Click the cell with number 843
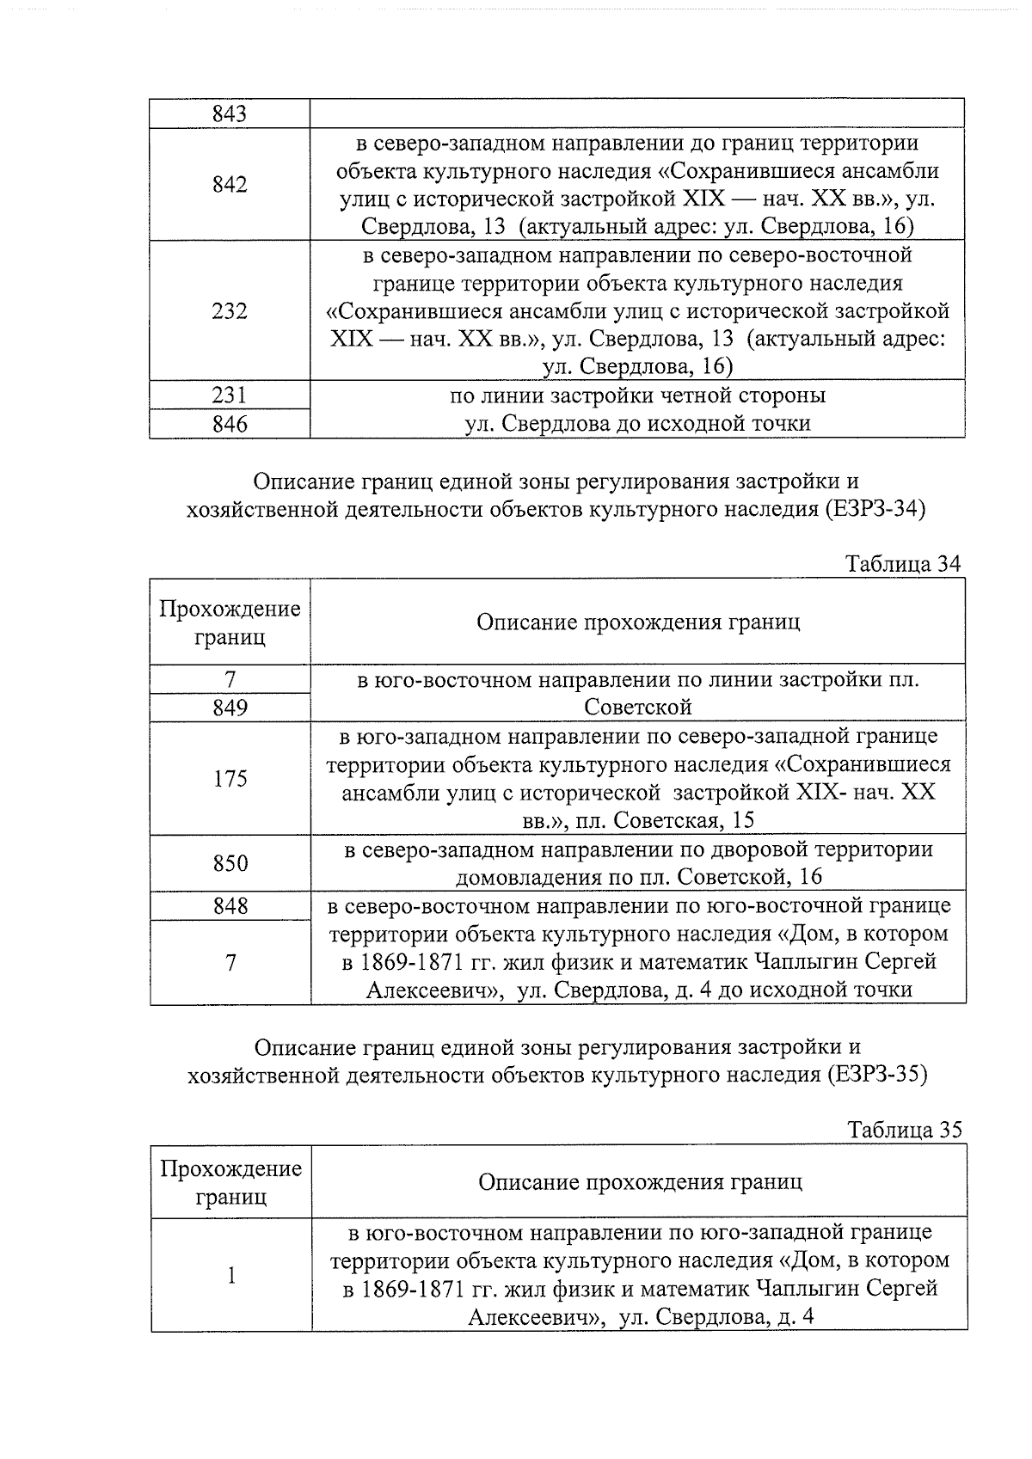(230, 113)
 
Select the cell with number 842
(230, 184)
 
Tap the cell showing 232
(230, 310)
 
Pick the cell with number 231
(230, 395)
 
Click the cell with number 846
(230, 424)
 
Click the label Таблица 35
(904, 1130)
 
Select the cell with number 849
(230, 708)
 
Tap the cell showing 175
(230, 778)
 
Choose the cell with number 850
(230, 862)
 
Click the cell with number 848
(230, 905)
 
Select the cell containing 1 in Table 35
(230, 1275)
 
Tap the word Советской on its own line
(637, 708)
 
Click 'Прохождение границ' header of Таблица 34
(230, 622)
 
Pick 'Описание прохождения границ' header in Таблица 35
(640, 1181)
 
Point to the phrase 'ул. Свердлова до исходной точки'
(637, 424)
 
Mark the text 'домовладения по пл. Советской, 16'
(637, 877)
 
